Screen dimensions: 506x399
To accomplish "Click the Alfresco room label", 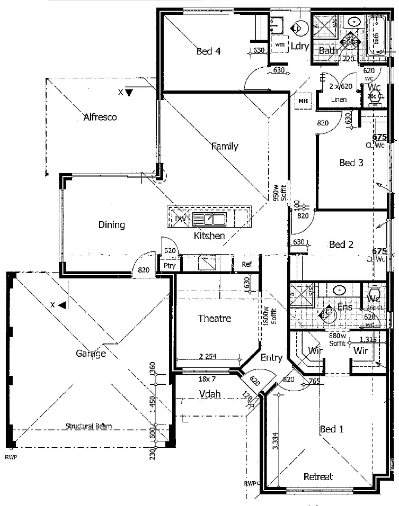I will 100,117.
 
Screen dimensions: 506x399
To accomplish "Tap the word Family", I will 225,146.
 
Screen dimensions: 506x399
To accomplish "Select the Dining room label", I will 112,225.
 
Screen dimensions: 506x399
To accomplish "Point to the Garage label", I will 91,353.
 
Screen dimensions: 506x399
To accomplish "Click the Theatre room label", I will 214,318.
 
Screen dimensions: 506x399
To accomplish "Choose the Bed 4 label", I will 208,51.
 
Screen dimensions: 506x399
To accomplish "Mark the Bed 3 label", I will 351,162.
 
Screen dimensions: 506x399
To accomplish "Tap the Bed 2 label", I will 341,245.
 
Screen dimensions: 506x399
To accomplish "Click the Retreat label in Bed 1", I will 318,476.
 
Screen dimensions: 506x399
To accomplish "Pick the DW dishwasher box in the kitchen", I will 179,219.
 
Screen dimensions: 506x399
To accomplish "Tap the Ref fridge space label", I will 246,264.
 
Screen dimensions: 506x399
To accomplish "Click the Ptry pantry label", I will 170,265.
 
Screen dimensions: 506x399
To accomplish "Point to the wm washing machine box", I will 280,45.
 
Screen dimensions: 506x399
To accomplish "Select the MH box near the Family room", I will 303,101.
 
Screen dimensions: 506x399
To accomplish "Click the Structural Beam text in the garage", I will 88,426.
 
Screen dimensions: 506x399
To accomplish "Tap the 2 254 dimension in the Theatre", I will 207,356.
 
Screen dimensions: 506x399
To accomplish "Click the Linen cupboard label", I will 339,100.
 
